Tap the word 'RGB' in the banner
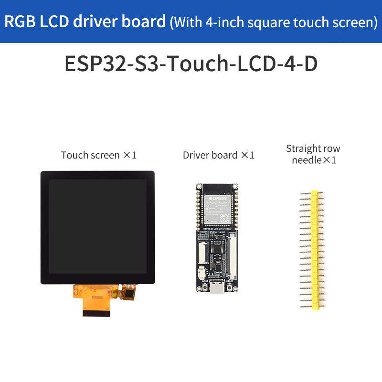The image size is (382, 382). tap(21, 21)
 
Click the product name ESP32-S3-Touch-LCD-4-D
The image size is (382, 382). tap(191, 64)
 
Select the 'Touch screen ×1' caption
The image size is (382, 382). tap(99, 155)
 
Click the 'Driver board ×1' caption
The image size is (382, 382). tap(218, 155)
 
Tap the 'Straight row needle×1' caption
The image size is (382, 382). tap(313, 154)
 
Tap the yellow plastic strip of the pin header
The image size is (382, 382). tap(314, 248)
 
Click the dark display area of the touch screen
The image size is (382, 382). tap(97, 226)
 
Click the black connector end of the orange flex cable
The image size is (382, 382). tap(98, 312)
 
